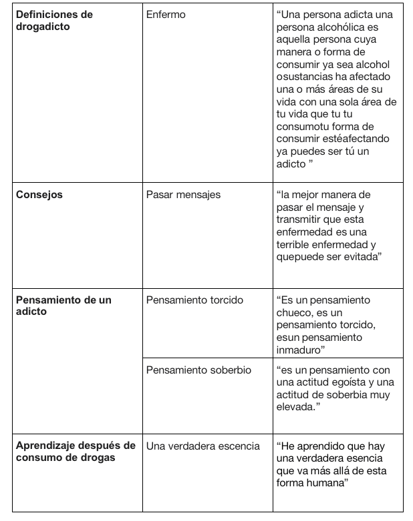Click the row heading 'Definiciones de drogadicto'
click(x=53, y=19)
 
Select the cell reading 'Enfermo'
click(x=166, y=14)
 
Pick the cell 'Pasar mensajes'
click(x=183, y=195)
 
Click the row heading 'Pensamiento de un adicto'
click(x=63, y=306)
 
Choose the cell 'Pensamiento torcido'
click(x=194, y=300)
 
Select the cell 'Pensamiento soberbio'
click(x=198, y=370)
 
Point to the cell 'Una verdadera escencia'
click(x=202, y=446)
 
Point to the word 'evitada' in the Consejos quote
click(x=358, y=257)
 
